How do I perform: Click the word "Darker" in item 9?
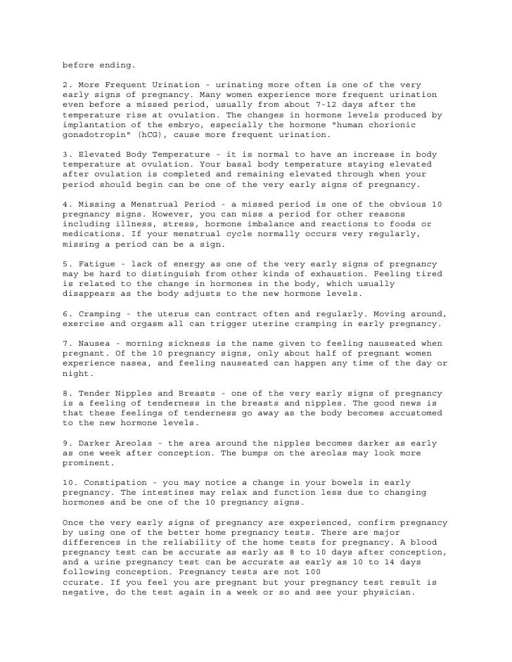click(x=91, y=444)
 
